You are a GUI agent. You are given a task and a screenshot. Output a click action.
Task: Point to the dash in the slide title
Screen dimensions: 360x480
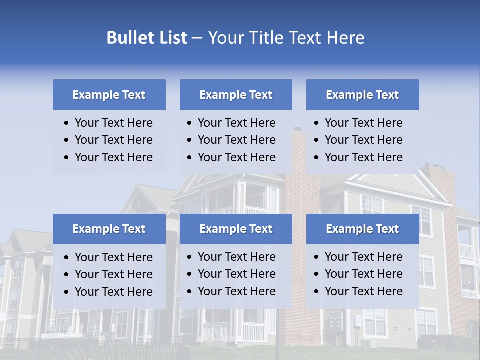[x=197, y=38]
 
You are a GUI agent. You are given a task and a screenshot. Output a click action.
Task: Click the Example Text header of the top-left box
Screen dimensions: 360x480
[x=109, y=95]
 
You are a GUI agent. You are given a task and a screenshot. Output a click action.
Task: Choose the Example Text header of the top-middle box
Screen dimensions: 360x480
[x=236, y=95]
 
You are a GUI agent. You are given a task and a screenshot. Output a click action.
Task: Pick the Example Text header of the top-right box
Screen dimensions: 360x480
[x=362, y=95]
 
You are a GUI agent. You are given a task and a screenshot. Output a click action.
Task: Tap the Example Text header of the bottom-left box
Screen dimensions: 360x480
[x=109, y=229]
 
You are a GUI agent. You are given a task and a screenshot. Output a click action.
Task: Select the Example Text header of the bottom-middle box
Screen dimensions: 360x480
[x=236, y=229]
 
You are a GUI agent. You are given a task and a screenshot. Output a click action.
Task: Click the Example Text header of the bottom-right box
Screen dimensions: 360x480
[x=362, y=229]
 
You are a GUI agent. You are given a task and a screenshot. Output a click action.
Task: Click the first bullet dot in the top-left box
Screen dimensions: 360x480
[x=67, y=123]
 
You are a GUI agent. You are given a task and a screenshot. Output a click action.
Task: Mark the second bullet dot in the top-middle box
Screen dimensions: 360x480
[x=189, y=140]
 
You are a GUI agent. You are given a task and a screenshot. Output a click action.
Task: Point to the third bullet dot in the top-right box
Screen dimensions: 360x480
[x=316, y=158]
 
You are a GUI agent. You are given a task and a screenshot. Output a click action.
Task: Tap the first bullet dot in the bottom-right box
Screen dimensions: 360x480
[x=316, y=257]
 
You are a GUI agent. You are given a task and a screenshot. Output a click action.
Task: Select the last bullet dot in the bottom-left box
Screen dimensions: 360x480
[x=67, y=292]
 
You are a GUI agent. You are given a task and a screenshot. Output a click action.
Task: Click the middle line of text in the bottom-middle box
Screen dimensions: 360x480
[x=236, y=274]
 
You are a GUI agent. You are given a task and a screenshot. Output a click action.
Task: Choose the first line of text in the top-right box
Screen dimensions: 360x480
[x=363, y=123]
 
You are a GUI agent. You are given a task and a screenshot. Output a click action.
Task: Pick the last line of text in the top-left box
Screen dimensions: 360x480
[x=113, y=157]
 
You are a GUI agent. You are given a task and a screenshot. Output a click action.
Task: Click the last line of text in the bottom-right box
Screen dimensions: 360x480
[x=363, y=291]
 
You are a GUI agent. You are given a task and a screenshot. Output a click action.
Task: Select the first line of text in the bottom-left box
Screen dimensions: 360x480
[x=113, y=257]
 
